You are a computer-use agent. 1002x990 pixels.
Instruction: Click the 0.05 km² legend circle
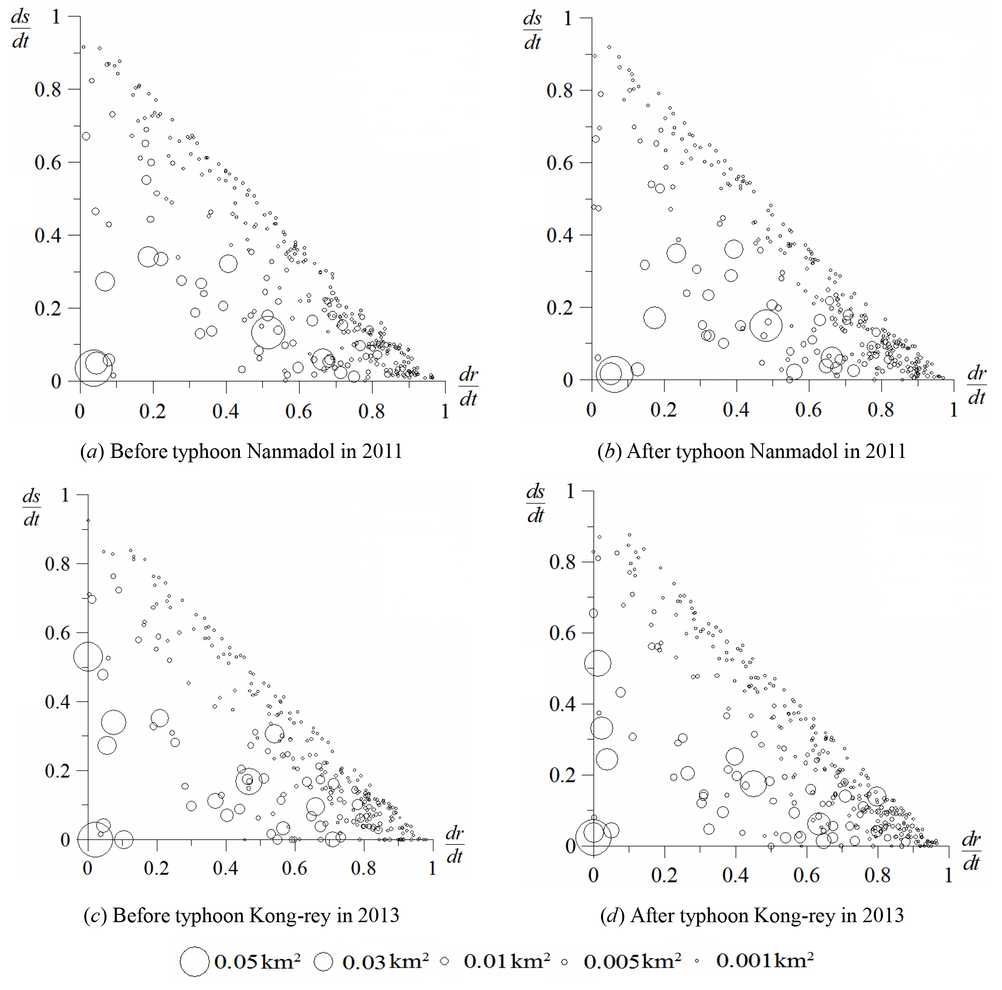[x=194, y=961]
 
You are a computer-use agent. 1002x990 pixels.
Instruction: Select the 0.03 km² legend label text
[x=385, y=961]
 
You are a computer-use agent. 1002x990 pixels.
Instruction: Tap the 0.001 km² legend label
[x=764, y=960]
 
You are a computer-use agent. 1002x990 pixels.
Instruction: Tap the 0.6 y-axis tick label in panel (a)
[x=48, y=163]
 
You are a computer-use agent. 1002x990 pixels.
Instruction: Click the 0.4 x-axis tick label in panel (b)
[x=735, y=410]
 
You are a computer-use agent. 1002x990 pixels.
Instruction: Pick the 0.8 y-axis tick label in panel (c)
[x=57, y=564]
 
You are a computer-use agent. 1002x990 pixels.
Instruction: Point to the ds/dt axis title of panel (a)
[x=20, y=29]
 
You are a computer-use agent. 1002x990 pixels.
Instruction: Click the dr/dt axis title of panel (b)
[x=977, y=385]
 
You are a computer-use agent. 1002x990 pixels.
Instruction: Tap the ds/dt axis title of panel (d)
[x=535, y=503]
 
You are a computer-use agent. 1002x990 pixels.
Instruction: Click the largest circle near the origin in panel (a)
[x=94, y=367]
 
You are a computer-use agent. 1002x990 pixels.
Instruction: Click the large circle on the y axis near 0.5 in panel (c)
[x=88, y=656]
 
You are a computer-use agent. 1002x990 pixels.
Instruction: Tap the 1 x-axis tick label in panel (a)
[x=445, y=411]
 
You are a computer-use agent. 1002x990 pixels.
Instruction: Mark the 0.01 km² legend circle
[x=445, y=961]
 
